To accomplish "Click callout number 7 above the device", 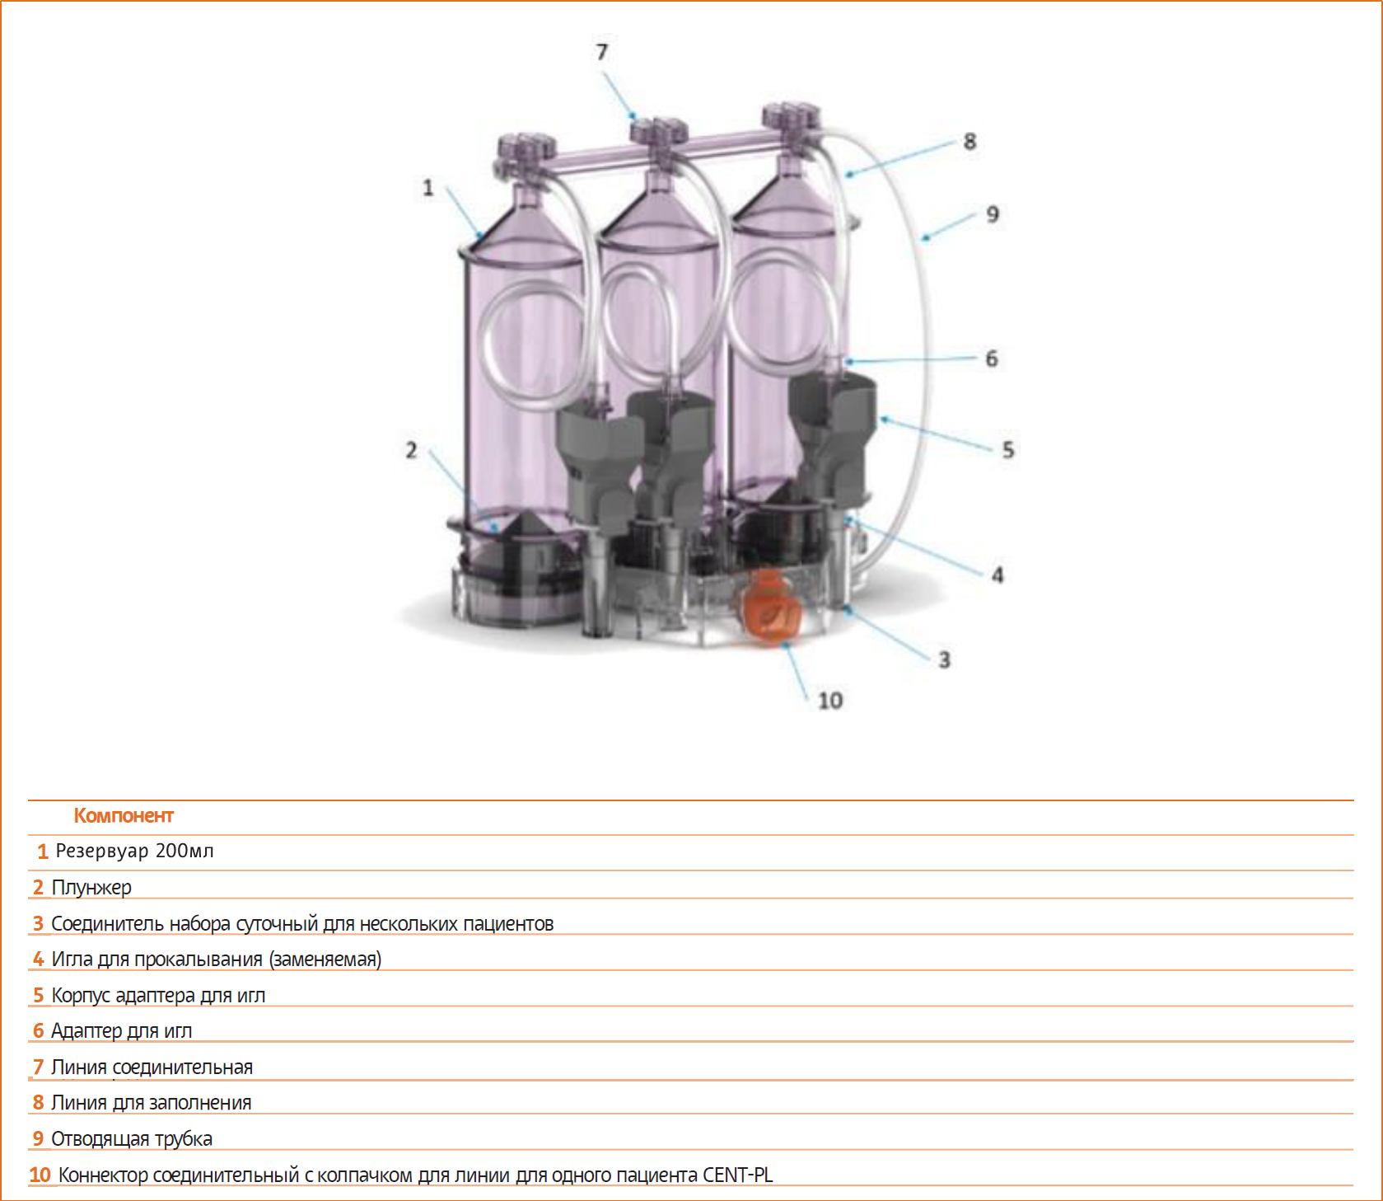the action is (602, 52).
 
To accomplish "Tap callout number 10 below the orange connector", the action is (830, 701).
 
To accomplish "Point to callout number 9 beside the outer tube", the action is (993, 214).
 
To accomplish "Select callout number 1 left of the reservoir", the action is (428, 188).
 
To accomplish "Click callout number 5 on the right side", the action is (1008, 450).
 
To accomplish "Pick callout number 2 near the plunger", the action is (411, 450).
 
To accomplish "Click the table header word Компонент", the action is (124, 816).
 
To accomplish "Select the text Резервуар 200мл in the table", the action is (135, 851).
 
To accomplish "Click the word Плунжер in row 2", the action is (91, 888).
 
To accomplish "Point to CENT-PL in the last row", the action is (738, 1175).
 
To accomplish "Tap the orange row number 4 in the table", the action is (38, 959).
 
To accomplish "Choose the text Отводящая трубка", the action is (132, 1139).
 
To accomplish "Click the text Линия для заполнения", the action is (152, 1103).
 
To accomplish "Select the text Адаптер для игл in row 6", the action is (122, 1031).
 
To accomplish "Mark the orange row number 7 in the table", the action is (38, 1067).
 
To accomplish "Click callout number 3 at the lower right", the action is (944, 660).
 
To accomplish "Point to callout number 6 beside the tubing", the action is (992, 359).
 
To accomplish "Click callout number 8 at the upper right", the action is (970, 142).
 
